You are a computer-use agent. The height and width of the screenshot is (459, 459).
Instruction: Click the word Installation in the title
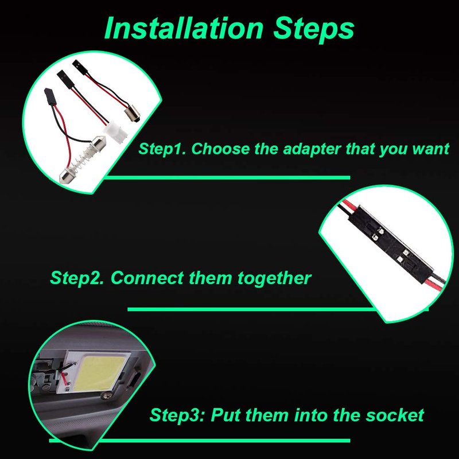click(184, 28)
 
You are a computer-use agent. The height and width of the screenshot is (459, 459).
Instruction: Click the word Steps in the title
click(313, 29)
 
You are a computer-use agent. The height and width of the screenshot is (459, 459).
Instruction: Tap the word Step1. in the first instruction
click(162, 149)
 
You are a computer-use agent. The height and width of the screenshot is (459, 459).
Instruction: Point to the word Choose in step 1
click(220, 149)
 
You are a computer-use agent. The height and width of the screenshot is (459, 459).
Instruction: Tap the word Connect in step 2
click(147, 278)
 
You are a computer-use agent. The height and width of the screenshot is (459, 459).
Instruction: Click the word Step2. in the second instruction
click(77, 278)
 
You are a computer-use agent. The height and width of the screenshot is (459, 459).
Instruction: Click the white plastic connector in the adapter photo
click(117, 133)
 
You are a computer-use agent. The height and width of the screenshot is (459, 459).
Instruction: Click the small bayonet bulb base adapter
click(132, 115)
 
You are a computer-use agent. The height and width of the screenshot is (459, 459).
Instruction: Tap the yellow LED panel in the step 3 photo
click(100, 372)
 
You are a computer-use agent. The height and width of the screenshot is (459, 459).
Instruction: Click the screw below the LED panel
click(105, 396)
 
